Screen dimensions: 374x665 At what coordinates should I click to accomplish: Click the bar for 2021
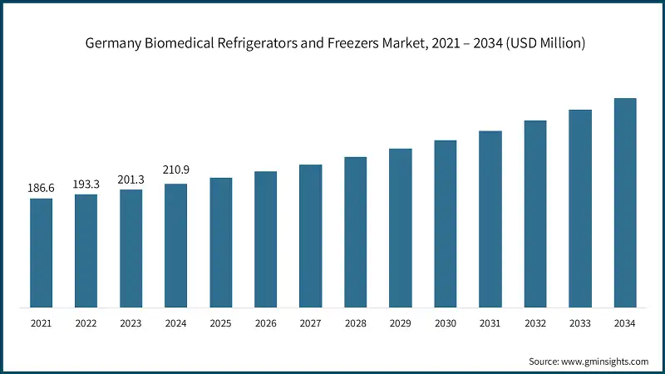[x=42, y=253]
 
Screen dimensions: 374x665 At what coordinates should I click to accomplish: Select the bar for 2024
[x=176, y=245]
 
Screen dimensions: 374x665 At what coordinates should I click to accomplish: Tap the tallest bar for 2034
[x=625, y=203]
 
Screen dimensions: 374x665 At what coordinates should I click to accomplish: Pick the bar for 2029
[x=401, y=228]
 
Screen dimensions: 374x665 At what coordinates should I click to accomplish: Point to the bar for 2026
[x=266, y=239]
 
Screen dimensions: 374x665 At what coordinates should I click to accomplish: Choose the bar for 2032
[x=535, y=214]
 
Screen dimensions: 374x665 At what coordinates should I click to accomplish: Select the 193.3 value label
[x=86, y=185]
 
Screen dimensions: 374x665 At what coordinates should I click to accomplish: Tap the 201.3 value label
[x=131, y=180]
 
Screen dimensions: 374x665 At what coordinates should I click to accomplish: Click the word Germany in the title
[x=112, y=44]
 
